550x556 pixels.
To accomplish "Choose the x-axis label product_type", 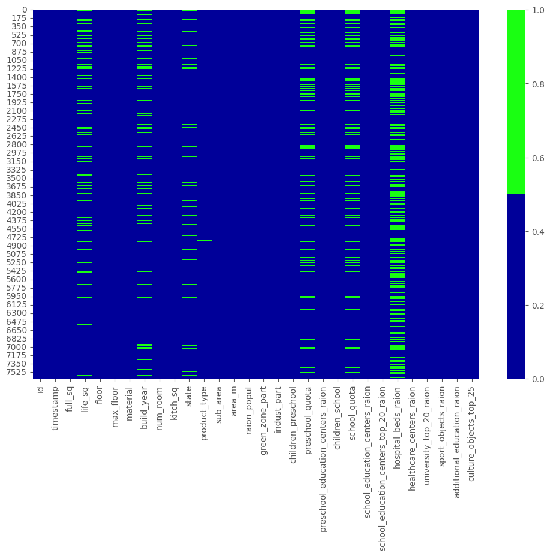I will click(204, 408).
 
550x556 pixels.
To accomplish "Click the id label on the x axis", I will click(41, 390).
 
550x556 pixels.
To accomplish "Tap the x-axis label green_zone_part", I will click(263, 413).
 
